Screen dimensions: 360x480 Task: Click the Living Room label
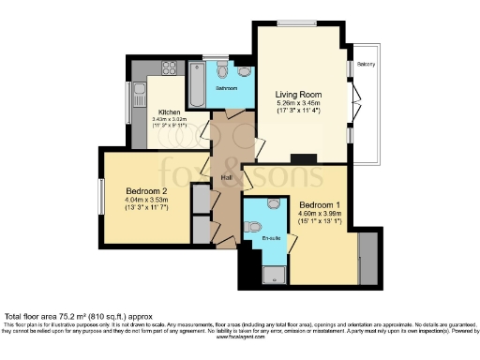(298, 95)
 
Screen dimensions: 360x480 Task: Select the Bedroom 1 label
(321, 203)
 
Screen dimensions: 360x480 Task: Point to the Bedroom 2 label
(144, 188)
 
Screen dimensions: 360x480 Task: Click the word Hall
(226, 175)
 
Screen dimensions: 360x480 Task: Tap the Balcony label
(367, 65)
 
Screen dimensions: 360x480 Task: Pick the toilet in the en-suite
(274, 202)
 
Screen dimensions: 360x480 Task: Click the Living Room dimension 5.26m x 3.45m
(298, 104)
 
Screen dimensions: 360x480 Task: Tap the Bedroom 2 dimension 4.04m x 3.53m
(144, 199)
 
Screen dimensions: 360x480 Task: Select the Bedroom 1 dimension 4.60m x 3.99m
(321, 214)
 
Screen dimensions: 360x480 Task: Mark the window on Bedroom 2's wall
(101, 195)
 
